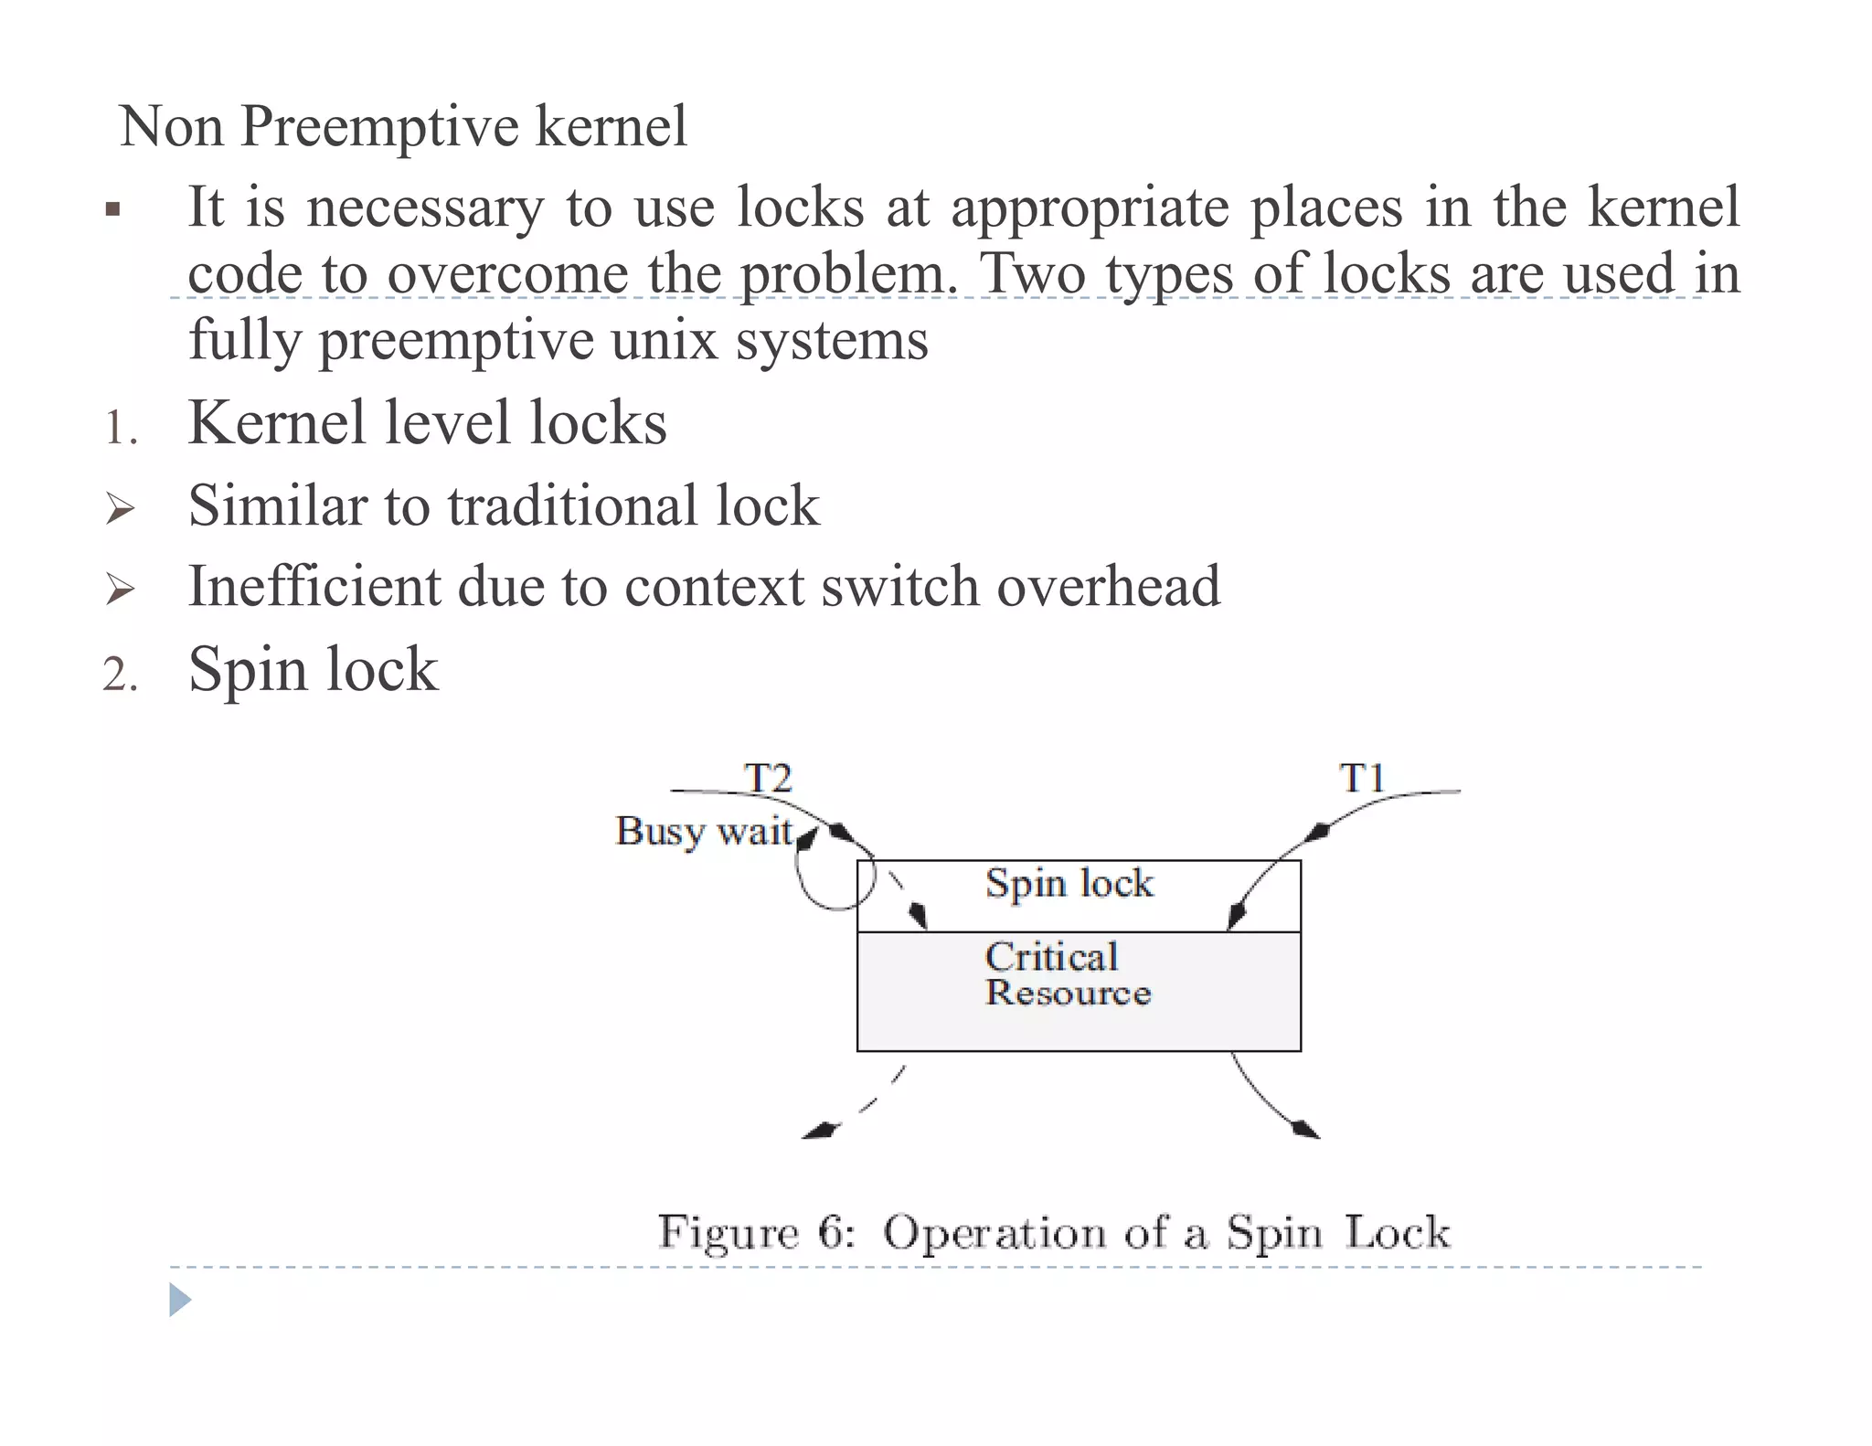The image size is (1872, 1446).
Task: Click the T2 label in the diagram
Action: point(768,779)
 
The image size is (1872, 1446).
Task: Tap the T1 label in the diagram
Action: point(1362,779)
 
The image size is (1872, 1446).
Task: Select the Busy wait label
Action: point(704,832)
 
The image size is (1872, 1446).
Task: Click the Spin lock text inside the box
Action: point(1069,884)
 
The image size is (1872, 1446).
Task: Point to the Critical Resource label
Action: point(1067,974)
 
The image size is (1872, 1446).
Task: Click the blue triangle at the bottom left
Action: point(180,1300)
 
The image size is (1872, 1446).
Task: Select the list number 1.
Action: point(120,428)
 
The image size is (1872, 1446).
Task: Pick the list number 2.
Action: point(120,675)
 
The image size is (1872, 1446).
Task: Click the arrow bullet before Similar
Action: point(120,508)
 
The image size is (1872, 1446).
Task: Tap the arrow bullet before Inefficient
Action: point(120,589)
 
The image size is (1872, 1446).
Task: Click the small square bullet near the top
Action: point(112,210)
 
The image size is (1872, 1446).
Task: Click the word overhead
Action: point(1108,587)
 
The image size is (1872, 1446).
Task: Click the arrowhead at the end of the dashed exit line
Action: point(819,1131)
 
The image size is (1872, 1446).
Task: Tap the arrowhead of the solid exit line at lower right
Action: point(1305,1130)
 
